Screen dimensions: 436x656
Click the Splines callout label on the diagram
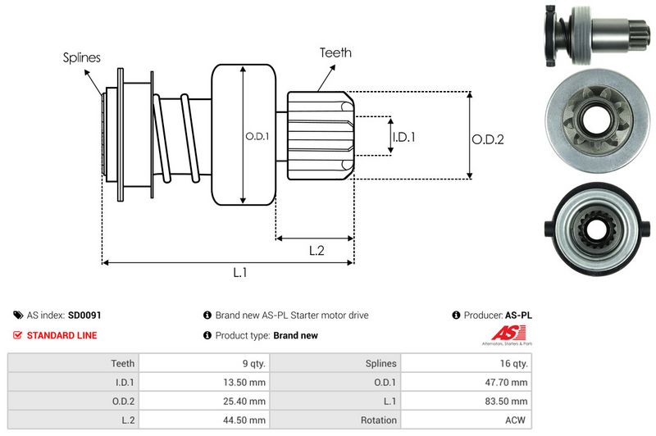[82, 57]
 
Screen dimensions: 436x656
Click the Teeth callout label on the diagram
[335, 52]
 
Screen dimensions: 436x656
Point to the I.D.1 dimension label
[404, 137]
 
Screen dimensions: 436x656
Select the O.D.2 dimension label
[487, 140]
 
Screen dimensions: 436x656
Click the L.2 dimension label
[317, 251]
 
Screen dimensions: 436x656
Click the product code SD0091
[84, 315]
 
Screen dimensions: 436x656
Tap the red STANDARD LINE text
[61, 335]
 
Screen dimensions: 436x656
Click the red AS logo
[501, 334]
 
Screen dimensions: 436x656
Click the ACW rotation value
[516, 420]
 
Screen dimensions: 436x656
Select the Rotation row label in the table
[378, 420]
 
